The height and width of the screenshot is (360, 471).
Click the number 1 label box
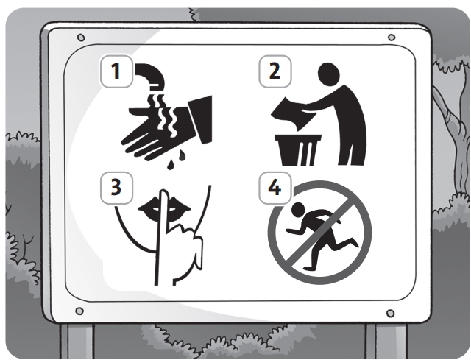pos(116,71)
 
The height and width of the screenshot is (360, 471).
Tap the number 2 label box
pos(275,71)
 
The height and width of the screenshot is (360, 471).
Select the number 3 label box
pos(116,188)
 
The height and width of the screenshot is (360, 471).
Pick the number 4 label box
pos(275,188)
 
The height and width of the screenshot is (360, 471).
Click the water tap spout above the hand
pos(150,76)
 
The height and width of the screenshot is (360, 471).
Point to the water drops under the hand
pos(177,159)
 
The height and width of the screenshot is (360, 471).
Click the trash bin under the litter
pos(298,150)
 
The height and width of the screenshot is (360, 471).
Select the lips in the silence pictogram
pos(164,208)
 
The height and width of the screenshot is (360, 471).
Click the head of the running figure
pos(298,210)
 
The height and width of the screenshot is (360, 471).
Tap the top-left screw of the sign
pos(81,38)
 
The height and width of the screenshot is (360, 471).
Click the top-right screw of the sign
pos(392,38)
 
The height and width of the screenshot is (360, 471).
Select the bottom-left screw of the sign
pos(79,311)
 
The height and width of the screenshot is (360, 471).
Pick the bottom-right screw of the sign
pos(390,314)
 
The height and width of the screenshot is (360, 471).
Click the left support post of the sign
pos(77,341)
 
